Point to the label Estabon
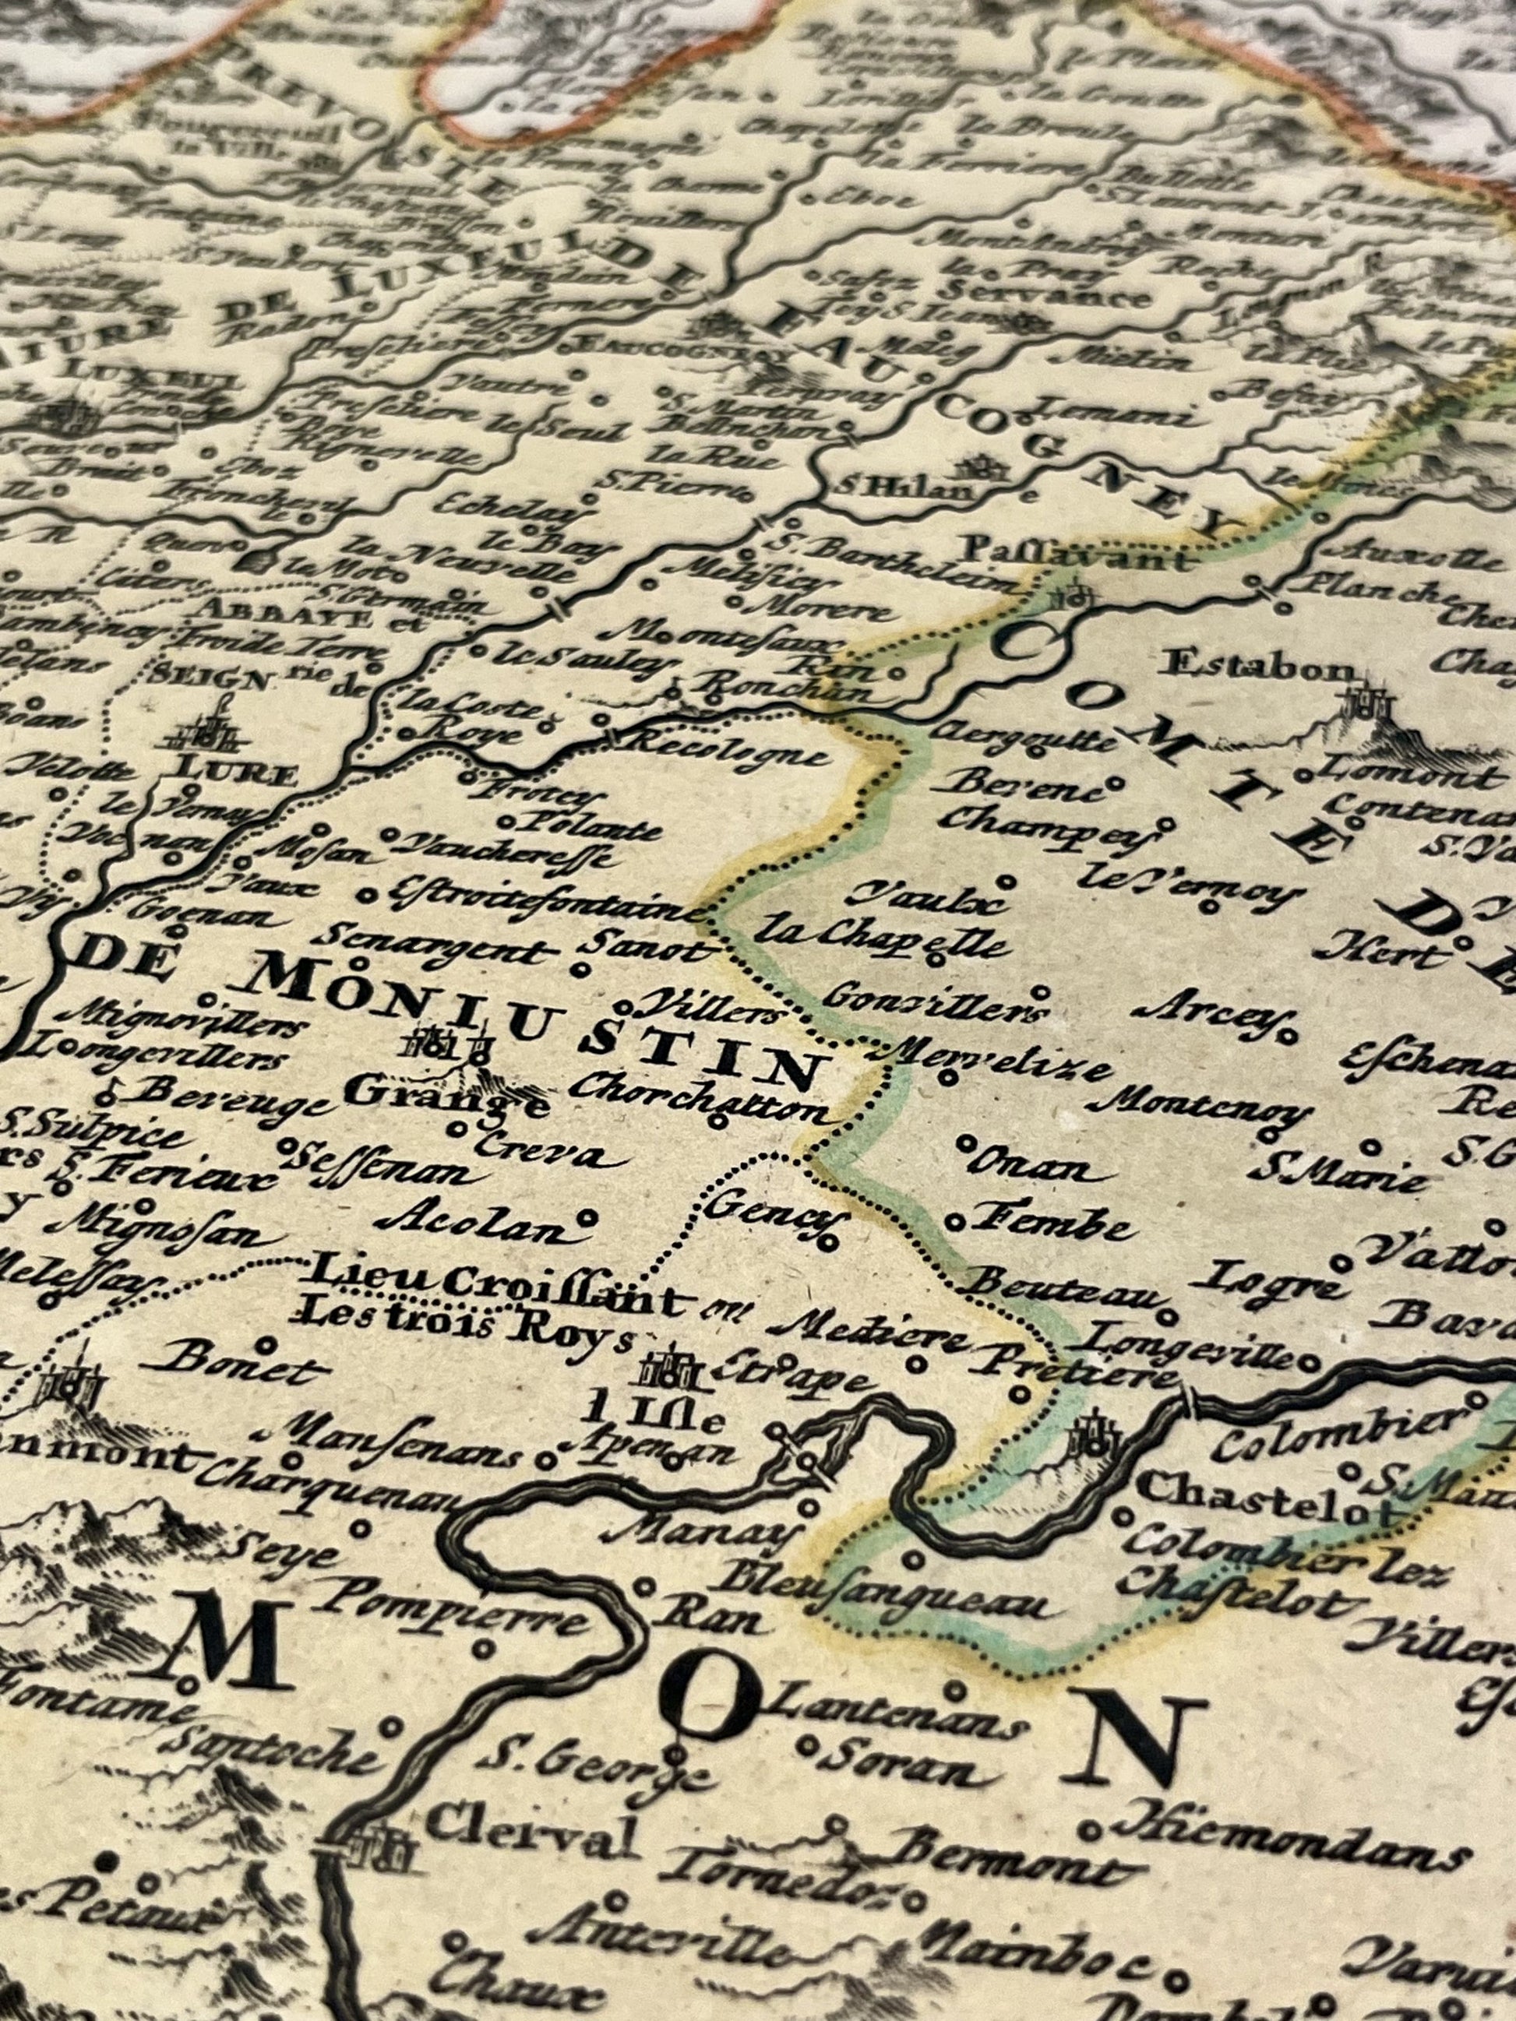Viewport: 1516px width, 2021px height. [1261, 665]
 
